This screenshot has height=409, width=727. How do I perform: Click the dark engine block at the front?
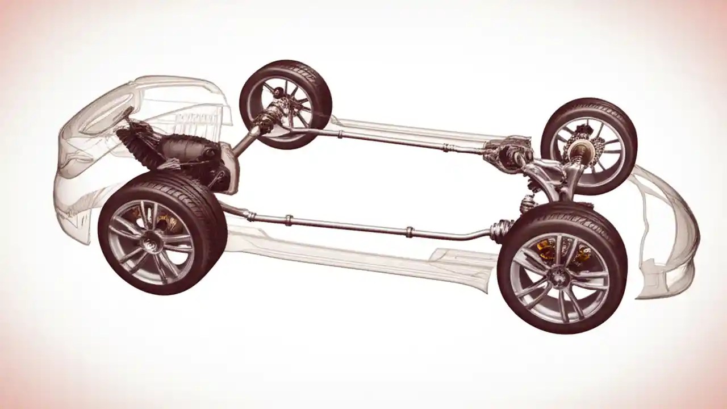coord(187,150)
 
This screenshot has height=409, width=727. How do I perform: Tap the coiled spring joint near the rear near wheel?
coord(500,230)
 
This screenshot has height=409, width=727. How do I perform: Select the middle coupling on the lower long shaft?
coord(289,220)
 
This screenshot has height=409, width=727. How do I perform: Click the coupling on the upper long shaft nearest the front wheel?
coord(339,135)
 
